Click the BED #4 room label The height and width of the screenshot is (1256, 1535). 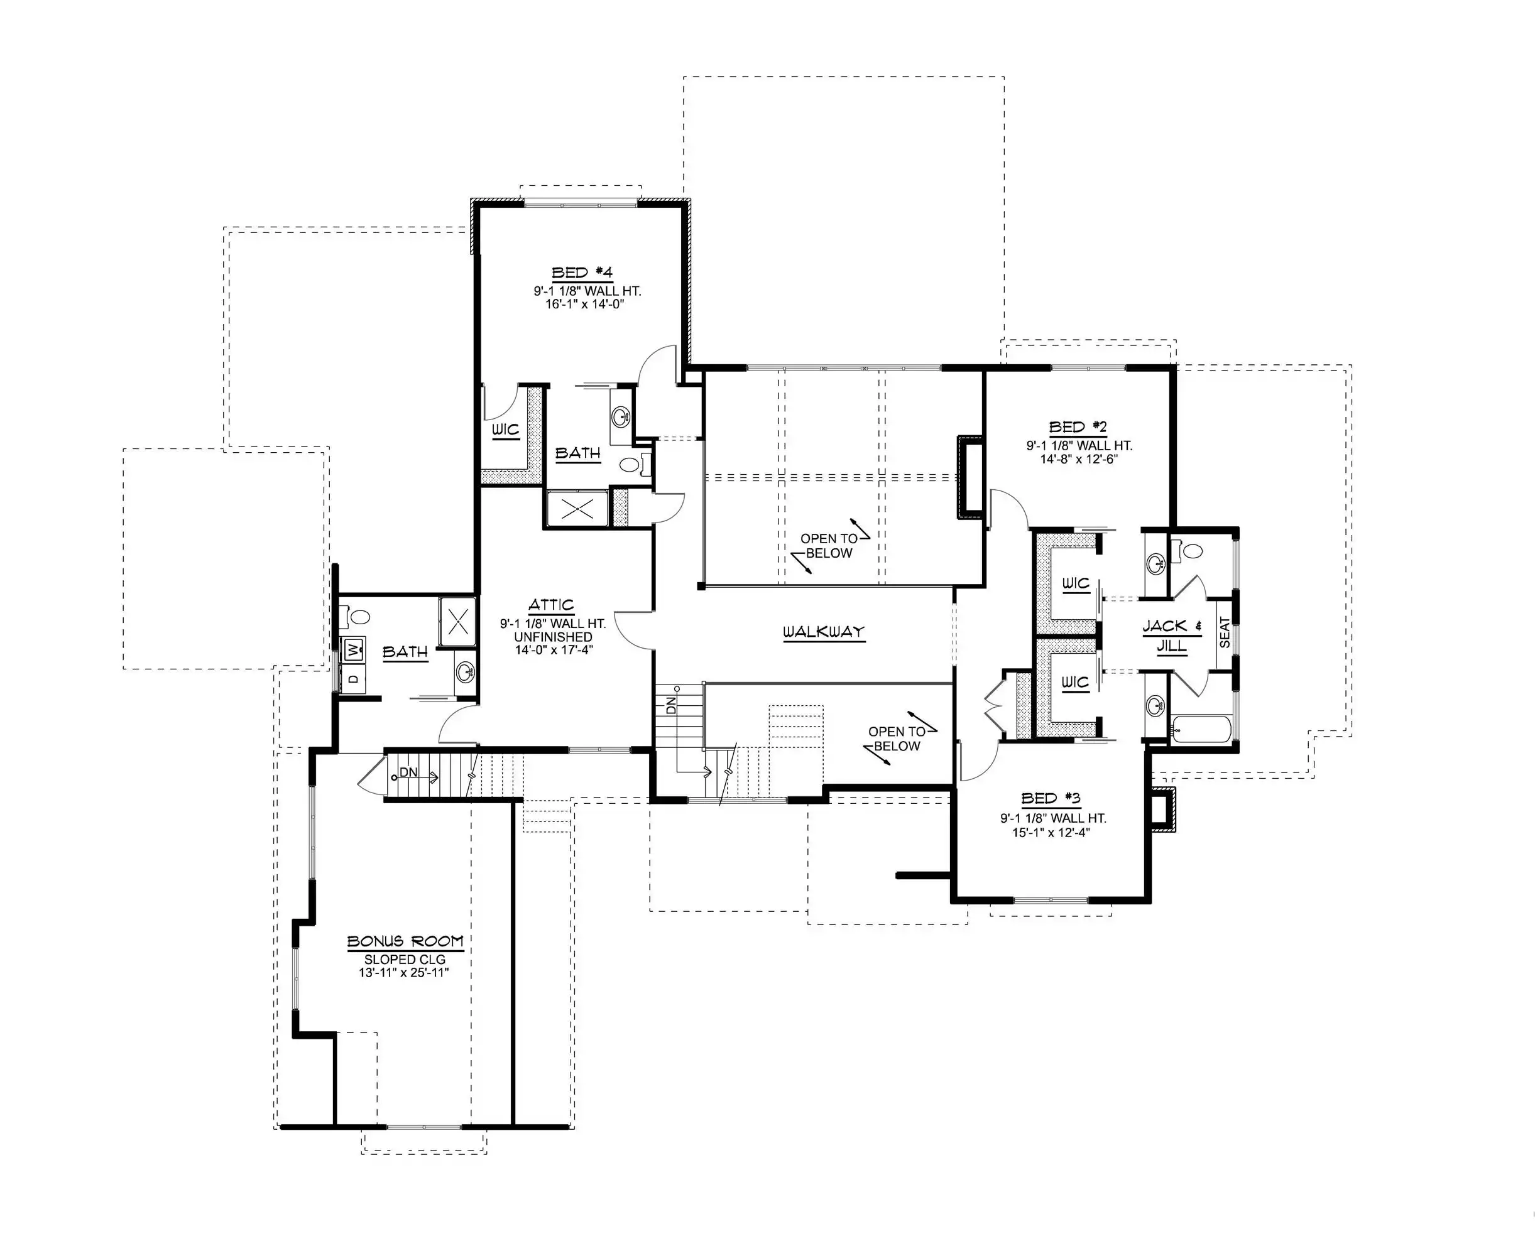(582, 273)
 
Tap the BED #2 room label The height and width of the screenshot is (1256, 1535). (1078, 427)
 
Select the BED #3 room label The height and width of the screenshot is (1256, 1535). (1051, 799)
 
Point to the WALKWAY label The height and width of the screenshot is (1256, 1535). (824, 632)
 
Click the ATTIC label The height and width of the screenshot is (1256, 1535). (552, 605)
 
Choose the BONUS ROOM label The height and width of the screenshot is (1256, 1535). (405, 941)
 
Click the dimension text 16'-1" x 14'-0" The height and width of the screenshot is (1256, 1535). (585, 305)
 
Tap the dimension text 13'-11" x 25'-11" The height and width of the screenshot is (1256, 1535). (404, 972)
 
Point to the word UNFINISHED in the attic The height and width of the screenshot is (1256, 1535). (553, 637)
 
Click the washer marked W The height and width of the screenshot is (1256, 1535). (353, 650)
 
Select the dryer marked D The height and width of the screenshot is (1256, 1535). (353, 679)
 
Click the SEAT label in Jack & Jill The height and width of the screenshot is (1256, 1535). (1225, 632)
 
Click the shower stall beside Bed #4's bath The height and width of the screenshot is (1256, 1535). (577, 509)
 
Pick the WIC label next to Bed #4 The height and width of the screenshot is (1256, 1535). (506, 430)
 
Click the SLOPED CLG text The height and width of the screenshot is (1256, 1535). (405, 960)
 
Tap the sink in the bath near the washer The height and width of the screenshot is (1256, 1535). (466, 672)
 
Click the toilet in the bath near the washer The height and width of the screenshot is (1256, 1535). (354, 617)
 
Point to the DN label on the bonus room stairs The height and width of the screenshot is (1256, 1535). (408, 772)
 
